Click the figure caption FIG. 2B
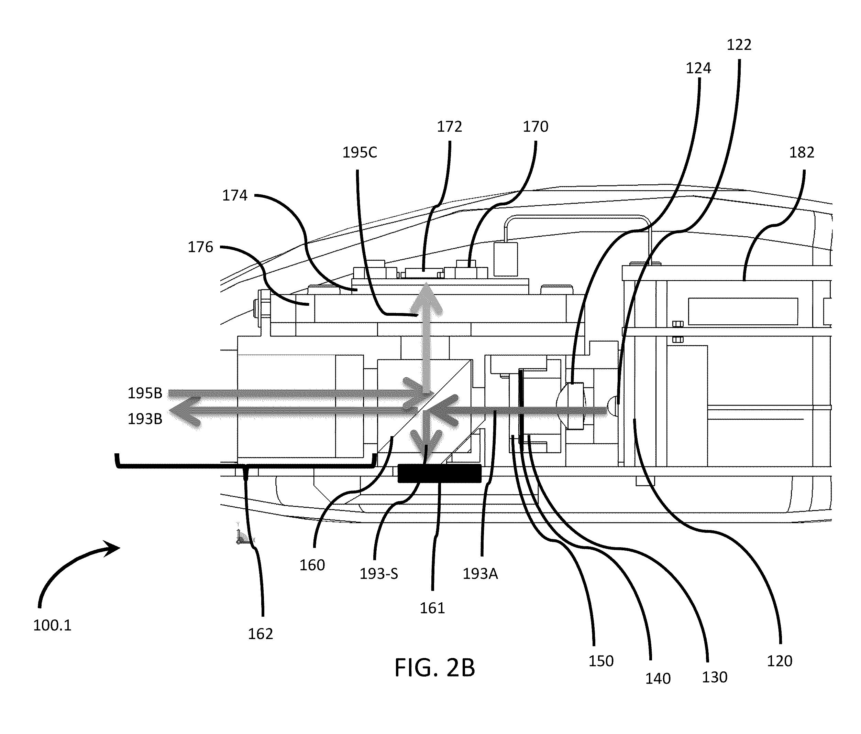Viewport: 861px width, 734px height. point(435,668)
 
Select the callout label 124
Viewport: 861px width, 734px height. point(698,68)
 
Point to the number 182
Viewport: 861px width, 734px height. point(802,153)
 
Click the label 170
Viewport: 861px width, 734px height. point(536,127)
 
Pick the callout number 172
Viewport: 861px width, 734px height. point(449,127)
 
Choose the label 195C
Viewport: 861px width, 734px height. point(360,153)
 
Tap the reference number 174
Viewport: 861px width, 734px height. point(235,195)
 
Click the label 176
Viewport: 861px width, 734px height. point(200,247)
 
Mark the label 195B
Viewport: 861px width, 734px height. point(145,393)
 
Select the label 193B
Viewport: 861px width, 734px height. point(145,419)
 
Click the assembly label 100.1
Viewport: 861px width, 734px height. point(52,625)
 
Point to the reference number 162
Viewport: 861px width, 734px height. point(261,634)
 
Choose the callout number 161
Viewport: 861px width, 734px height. point(432,608)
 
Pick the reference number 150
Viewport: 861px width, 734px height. point(601,661)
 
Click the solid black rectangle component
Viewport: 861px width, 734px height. point(439,473)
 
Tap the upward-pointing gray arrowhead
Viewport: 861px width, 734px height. point(426,297)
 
